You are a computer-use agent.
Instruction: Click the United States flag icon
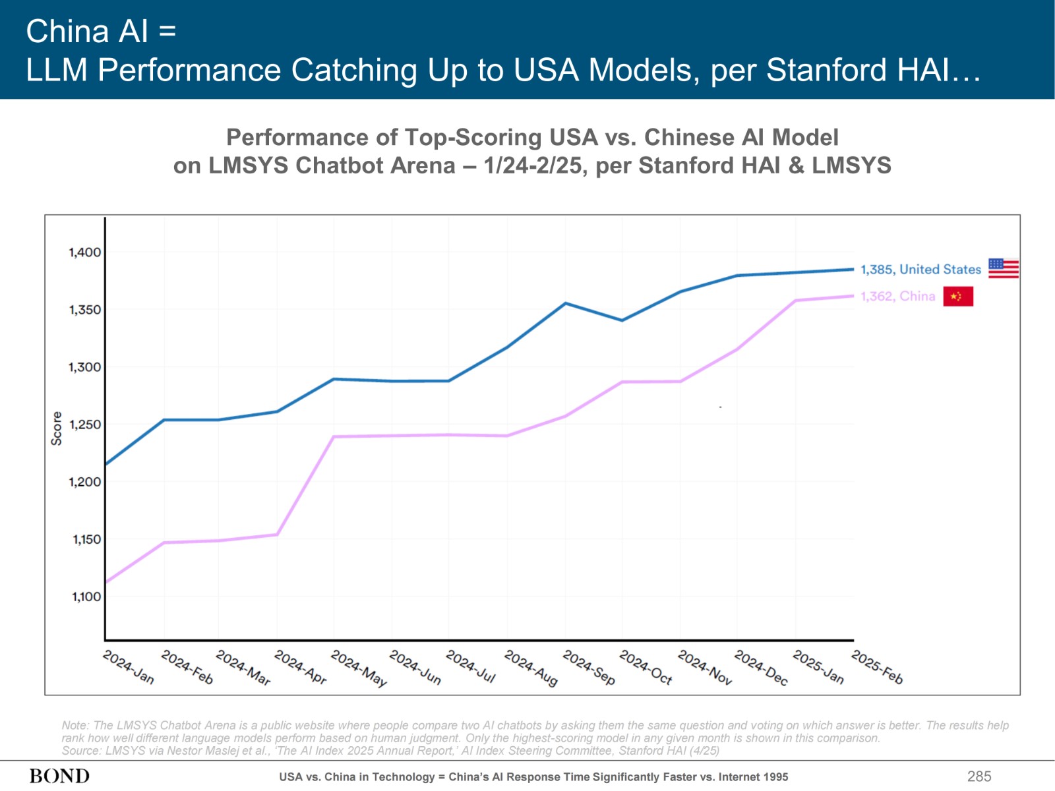point(1004,268)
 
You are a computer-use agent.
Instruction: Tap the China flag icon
point(958,297)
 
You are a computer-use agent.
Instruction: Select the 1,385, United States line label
point(920,270)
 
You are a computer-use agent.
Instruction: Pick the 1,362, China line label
point(897,297)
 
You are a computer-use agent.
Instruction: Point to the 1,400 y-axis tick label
point(85,252)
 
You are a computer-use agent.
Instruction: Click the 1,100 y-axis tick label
point(86,597)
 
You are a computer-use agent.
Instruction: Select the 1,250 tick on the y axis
point(85,425)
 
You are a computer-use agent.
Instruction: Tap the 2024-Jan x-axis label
point(129,667)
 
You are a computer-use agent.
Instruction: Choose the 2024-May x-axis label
point(359,668)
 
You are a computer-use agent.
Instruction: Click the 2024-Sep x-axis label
point(589,668)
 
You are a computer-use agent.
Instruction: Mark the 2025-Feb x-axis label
point(877,667)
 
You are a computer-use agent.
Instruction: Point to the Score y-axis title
point(57,428)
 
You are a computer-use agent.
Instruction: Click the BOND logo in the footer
point(59,776)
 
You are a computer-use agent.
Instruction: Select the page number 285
point(979,776)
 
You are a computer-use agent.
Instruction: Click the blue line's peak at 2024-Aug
point(566,303)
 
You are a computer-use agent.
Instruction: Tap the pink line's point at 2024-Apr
point(277,535)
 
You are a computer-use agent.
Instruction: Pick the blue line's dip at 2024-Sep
point(622,320)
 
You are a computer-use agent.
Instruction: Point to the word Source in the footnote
point(80,751)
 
